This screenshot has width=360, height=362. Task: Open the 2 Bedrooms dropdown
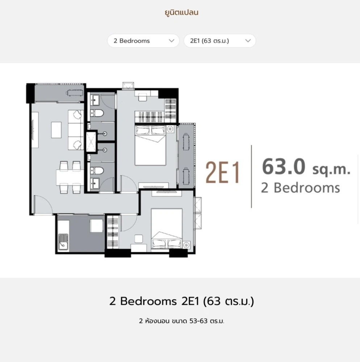pos(143,41)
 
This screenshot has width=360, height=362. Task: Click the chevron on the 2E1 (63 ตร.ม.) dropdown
pos(248,41)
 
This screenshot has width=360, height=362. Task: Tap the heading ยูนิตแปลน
pos(181,12)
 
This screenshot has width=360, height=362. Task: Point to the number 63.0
pos(284,166)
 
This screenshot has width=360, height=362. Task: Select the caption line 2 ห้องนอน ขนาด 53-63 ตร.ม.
pos(181,321)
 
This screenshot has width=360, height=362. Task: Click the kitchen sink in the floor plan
pos(63,242)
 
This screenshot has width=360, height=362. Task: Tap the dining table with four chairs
pos(70,177)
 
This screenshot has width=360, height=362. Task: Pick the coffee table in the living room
pos(56,130)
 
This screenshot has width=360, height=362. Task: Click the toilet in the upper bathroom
pos(97,113)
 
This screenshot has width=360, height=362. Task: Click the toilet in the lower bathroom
pos(97,171)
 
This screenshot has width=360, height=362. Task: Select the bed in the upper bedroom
pos(150,145)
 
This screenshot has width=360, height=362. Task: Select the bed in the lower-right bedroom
pos(167,229)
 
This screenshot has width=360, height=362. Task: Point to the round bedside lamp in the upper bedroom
pos(170,129)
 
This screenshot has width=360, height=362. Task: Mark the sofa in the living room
pos(76,130)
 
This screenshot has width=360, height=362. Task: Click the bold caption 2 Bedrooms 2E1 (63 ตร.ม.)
pos(181,301)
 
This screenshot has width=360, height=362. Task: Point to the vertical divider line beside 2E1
pos(251,176)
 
